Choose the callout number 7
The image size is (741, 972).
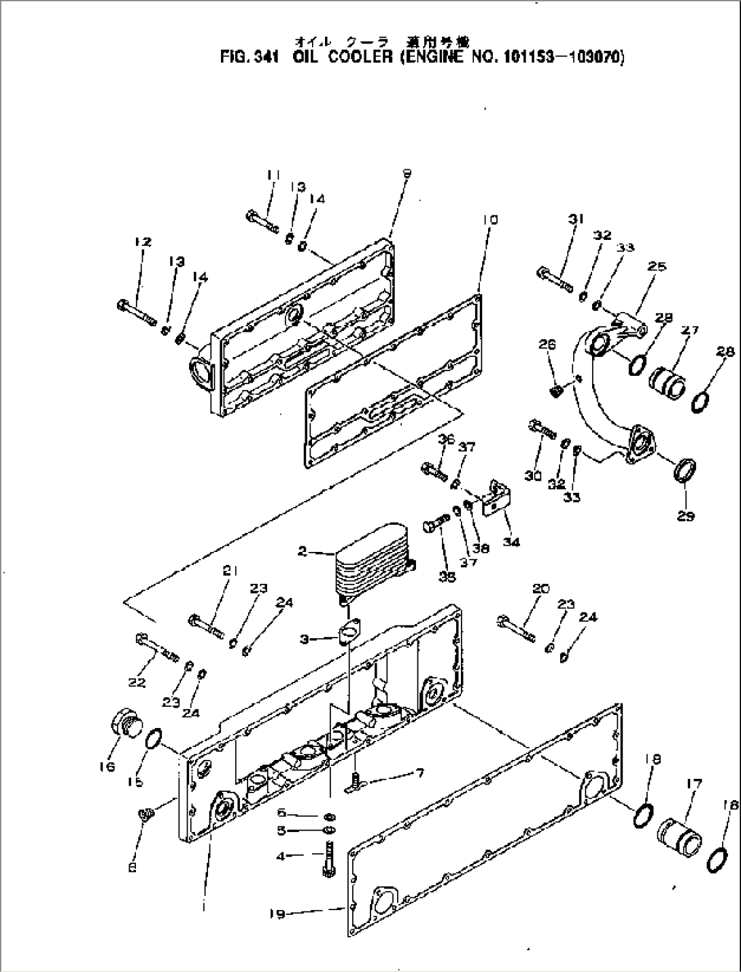tap(420, 774)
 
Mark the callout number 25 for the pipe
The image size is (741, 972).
tap(657, 266)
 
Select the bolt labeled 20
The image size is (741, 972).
tap(517, 629)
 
